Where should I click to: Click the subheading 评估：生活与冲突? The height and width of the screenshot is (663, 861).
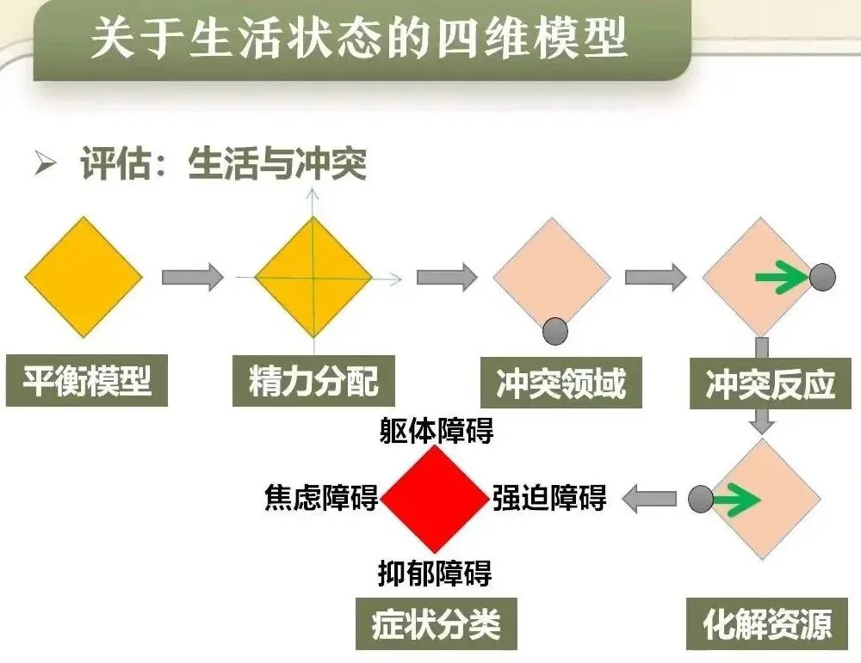(x=223, y=163)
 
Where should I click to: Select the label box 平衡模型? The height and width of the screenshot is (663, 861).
(x=86, y=381)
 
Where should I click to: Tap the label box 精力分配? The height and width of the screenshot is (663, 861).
(x=313, y=381)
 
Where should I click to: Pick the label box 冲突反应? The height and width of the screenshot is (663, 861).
(x=771, y=384)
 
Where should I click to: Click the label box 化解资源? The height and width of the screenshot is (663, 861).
(x=768, y=623)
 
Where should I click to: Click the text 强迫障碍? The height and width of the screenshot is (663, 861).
(x=549, y=498)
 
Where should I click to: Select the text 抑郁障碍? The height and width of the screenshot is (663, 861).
(x=435, y=572)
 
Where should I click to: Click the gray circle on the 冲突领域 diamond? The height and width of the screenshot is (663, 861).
(x=555, y=330)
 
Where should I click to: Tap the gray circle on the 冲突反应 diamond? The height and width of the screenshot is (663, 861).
(x=822, y=277)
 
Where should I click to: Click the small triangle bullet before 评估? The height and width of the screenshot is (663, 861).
(x=45, y=163)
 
